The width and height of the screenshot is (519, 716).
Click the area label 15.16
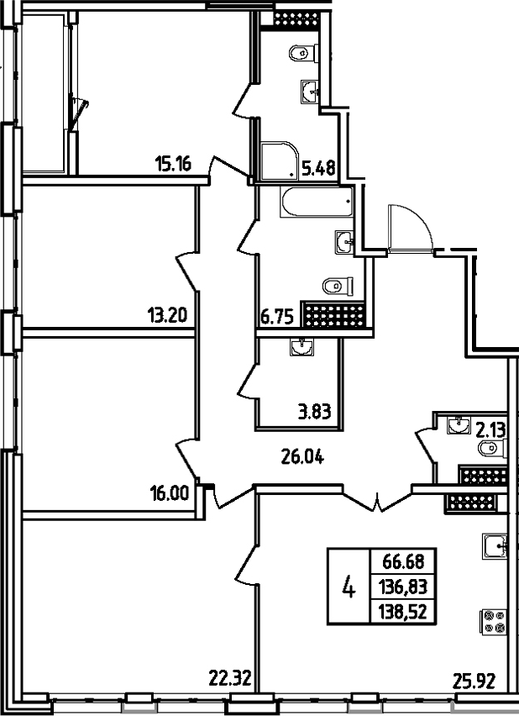(x=174, y=165)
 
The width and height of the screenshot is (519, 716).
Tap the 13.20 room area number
(x=165, y=317)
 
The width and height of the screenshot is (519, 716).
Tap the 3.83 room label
(x=315, y=412)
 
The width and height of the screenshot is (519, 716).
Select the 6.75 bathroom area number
(x=277, y=317)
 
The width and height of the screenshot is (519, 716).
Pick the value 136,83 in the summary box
(x=404, y=587)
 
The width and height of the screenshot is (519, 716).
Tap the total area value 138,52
(x=404, y=612)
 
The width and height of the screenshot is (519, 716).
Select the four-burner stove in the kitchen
(x=492, y=621)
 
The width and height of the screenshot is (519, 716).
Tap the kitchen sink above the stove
(x=494, y=546)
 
